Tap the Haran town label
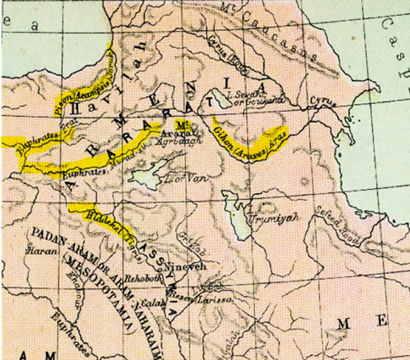[x=38, y=251]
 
